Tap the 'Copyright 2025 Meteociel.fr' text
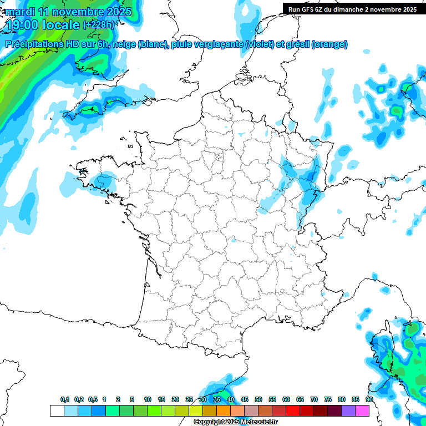coord(235,422)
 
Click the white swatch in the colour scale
coord(57,410)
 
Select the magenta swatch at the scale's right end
coord(362,410)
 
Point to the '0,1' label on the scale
coord(65,399)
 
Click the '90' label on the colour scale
coord(369,399)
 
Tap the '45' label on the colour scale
coord(245,399)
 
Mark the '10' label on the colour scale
coord(148,399)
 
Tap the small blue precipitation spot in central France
coord(233,241)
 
